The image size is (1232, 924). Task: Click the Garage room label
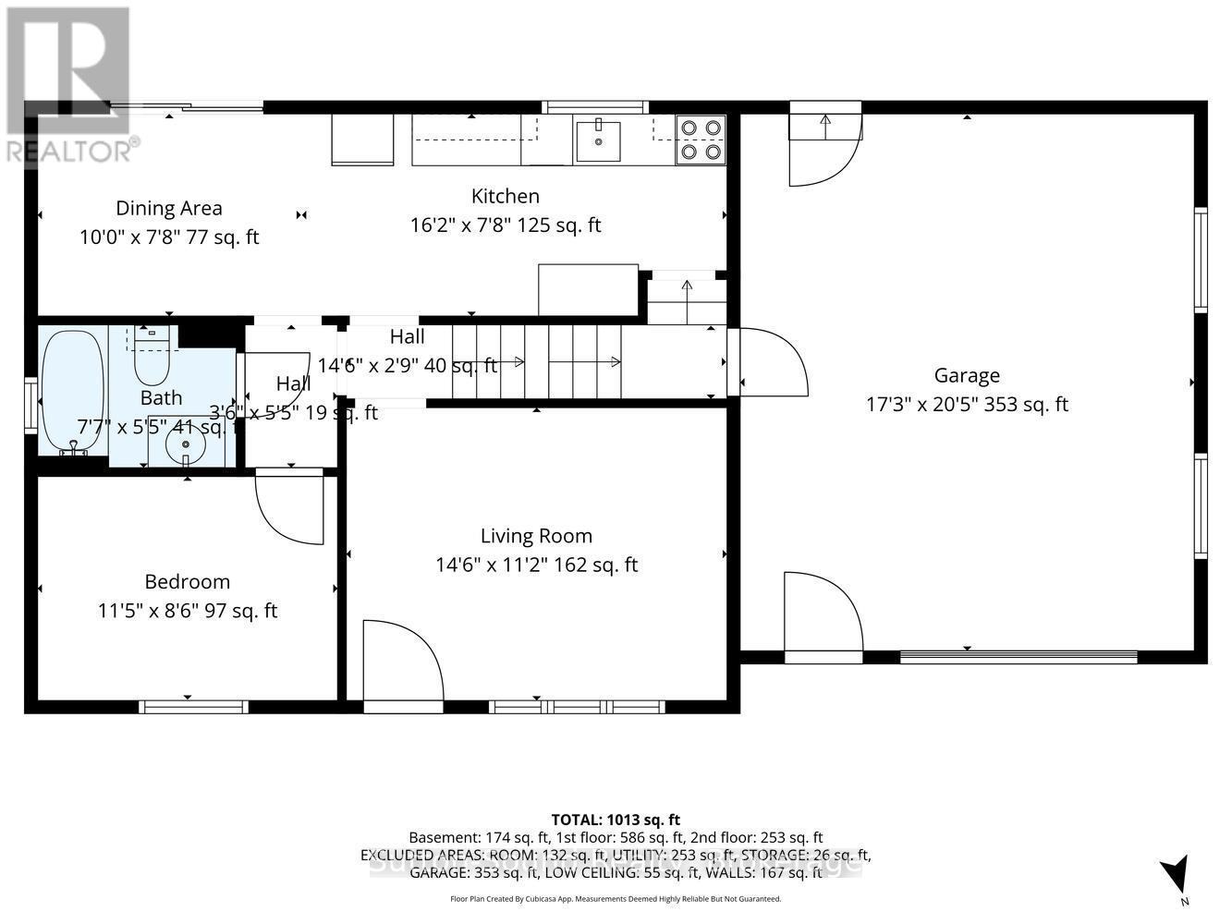click(967, 375)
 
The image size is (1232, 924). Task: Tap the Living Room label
click(536, 536)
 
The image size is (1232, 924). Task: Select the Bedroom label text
click(187, 581)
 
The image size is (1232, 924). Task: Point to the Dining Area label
click(168, 208)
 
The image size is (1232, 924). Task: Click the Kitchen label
click(505, 196)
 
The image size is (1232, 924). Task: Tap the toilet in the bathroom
click(152, 359)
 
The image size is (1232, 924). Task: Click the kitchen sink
click(599, 140)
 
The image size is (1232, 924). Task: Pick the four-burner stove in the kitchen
click(701, 140)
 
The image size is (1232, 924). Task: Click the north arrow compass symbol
click(1175, 874)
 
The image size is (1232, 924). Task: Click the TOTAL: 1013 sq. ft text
click(616, 819)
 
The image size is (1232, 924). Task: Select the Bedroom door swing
click(290, 508)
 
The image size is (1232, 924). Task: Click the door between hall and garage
click(770, 363)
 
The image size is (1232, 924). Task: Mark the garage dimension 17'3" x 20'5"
click(967, 404)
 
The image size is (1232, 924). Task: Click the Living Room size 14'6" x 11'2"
click(536, 565)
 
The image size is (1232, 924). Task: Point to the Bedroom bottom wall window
click(193, 707)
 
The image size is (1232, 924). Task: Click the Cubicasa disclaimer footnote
click(616, 898)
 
